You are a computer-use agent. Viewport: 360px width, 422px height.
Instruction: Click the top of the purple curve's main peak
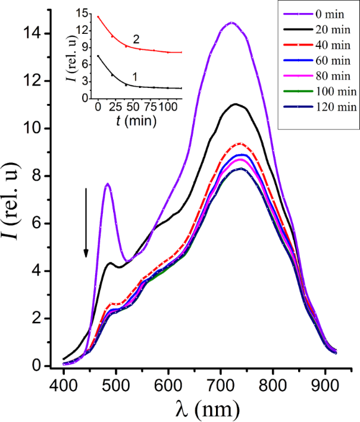point(231,23)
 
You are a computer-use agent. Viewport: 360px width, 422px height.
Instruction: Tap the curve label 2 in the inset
point(137,39)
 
